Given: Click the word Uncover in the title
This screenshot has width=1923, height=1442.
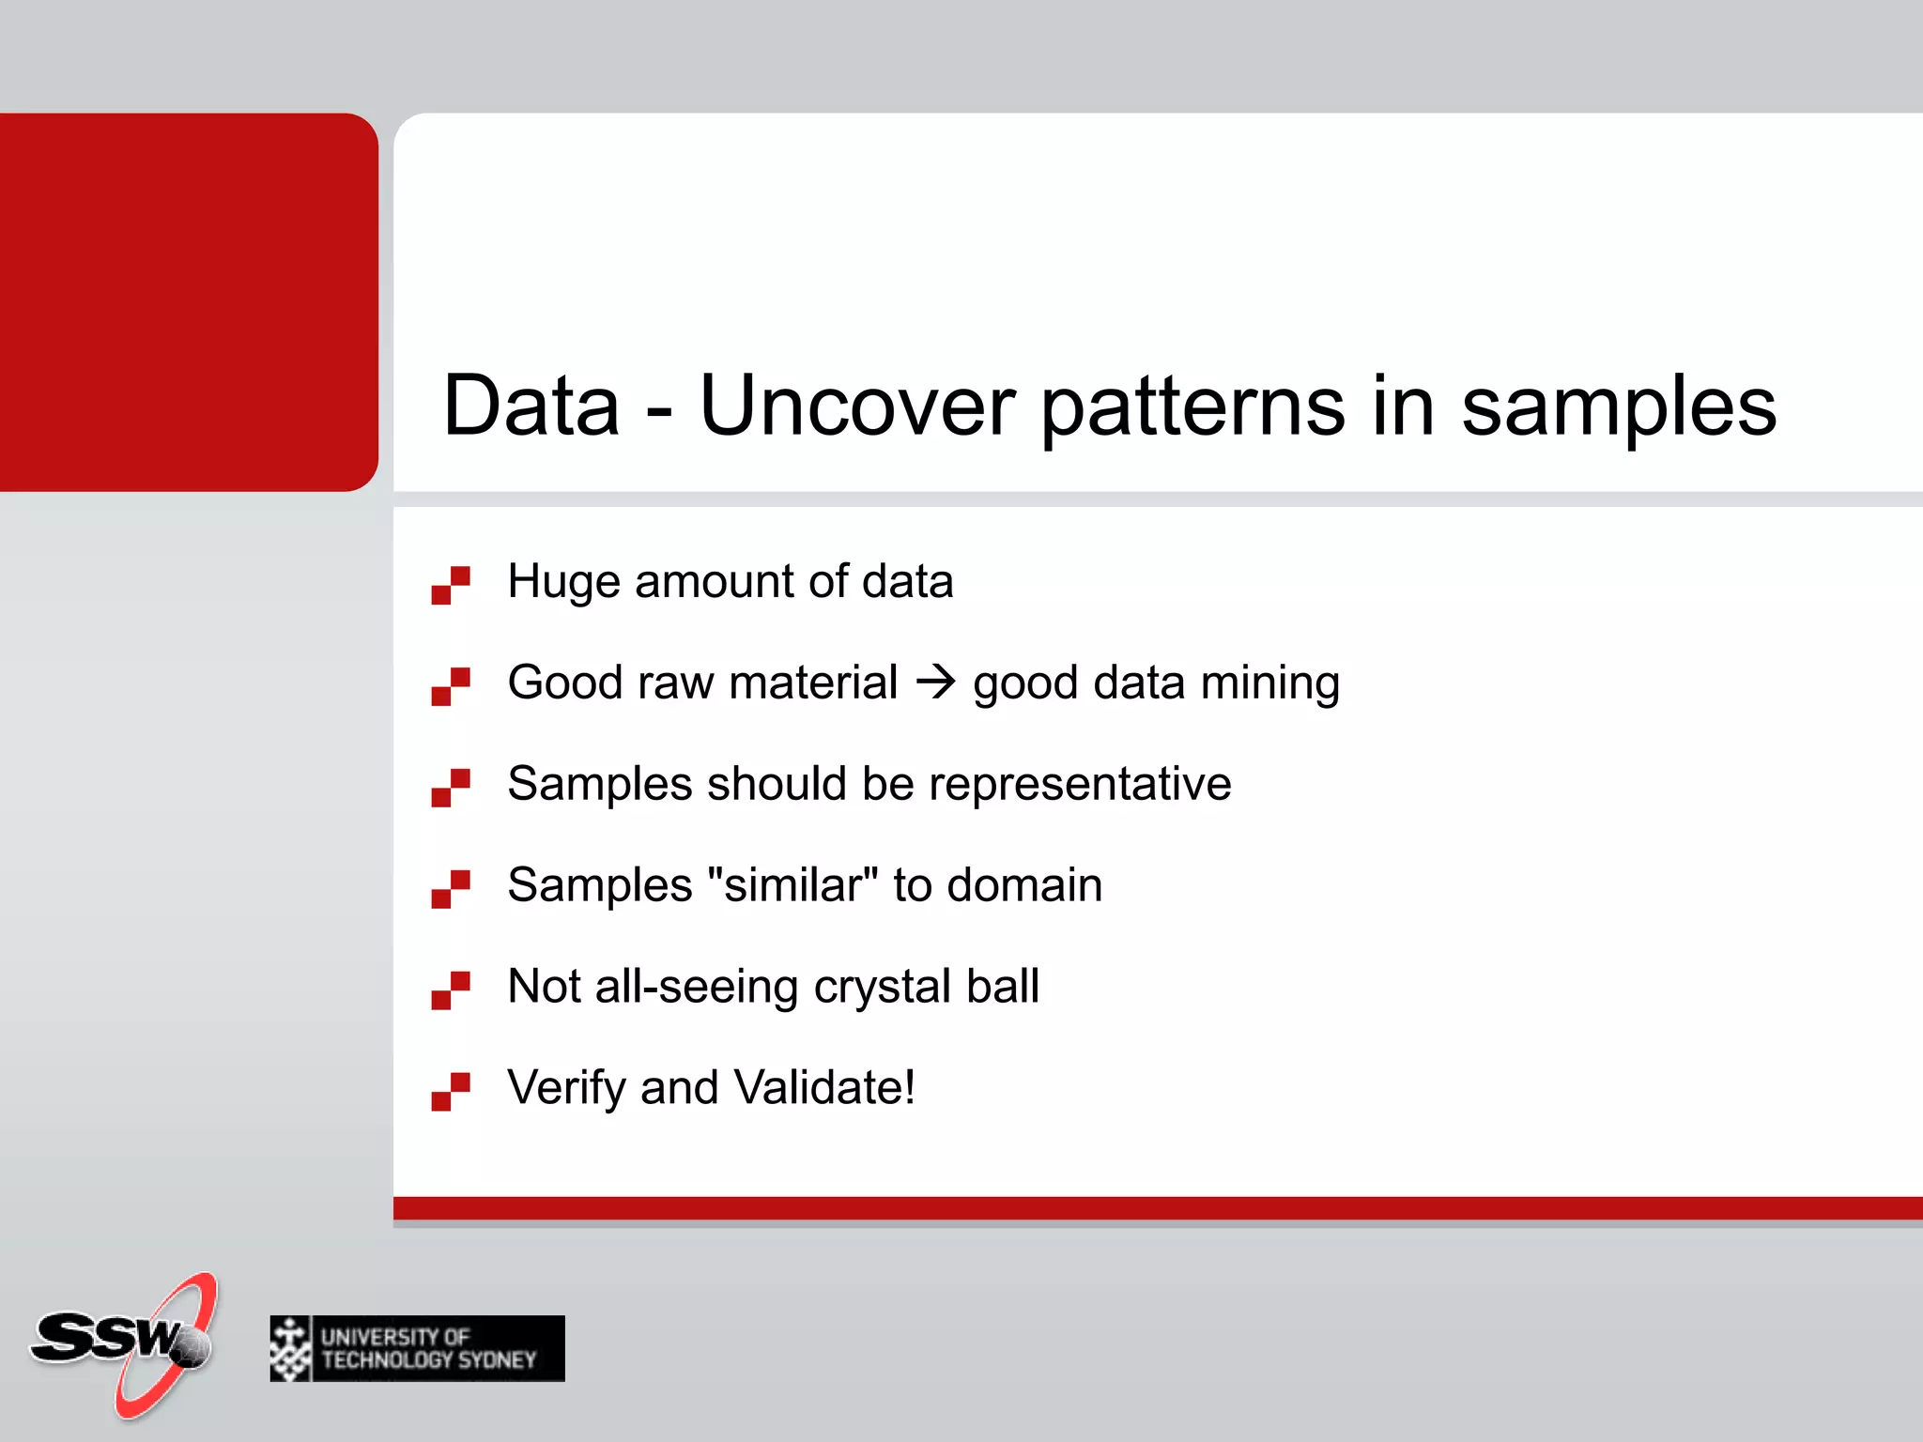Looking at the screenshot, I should [856, 406].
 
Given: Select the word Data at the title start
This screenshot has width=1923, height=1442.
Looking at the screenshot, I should [531, 406].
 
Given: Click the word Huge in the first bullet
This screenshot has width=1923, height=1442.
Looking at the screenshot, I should [563, 582].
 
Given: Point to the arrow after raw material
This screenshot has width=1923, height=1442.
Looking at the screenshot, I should [935, 682].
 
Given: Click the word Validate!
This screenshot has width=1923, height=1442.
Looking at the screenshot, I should [824, 1087].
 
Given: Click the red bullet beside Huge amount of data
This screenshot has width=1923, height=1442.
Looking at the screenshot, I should [451, 585].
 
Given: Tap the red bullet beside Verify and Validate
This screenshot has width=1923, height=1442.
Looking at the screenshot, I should [451, 1092].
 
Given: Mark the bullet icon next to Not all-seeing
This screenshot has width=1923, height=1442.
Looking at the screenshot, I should [451, 990].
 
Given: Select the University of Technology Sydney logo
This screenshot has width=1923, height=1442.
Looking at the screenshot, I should [417, 1348].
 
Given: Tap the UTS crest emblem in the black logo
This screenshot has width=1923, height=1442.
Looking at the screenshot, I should [290, 1348].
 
